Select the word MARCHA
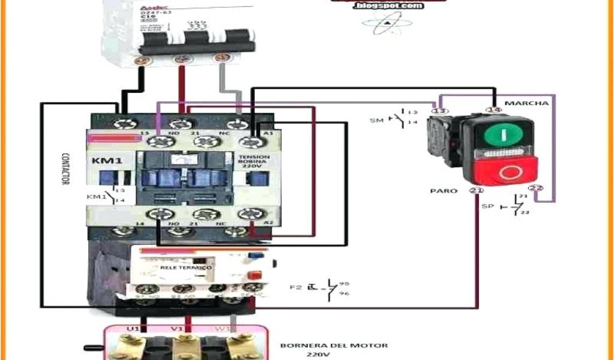(x=526, y=103)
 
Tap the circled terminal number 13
(x=440, y=111)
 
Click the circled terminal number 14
(x=494, y=110)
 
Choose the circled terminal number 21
(x=477, y=191)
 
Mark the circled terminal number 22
(x=537, y=189)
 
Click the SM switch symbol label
(x=376, y=121)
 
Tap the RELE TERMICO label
(x=185, y=266)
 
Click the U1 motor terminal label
(x=133, y=329)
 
